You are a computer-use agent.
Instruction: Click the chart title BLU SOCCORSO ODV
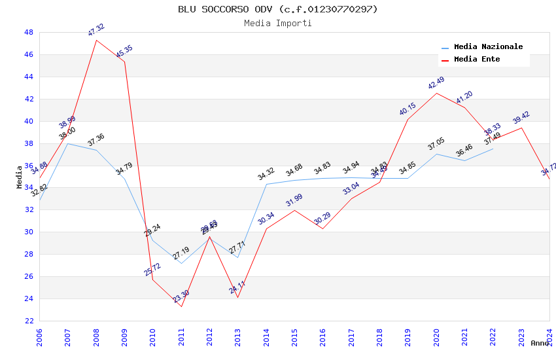[277, 9]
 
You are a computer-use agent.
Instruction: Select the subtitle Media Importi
[277, 24]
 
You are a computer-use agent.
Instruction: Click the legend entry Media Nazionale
[488, 47]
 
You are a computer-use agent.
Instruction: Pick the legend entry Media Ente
[477, 60]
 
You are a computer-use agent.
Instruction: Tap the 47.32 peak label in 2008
[96, 30]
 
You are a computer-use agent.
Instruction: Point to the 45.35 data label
[124, 52]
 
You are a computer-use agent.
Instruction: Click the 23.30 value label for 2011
[181, 297]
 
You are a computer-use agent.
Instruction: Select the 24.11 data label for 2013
[237, 286]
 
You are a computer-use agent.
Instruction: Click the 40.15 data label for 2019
[408, 109]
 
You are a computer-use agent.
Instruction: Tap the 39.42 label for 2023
[521, 118]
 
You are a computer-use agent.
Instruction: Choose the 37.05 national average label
[436, 144]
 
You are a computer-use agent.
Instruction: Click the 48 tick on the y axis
[29, 32]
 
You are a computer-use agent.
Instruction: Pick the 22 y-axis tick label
[29, 321]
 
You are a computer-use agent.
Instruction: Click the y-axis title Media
[20, 177]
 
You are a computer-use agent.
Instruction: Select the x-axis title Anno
[540, 343]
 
